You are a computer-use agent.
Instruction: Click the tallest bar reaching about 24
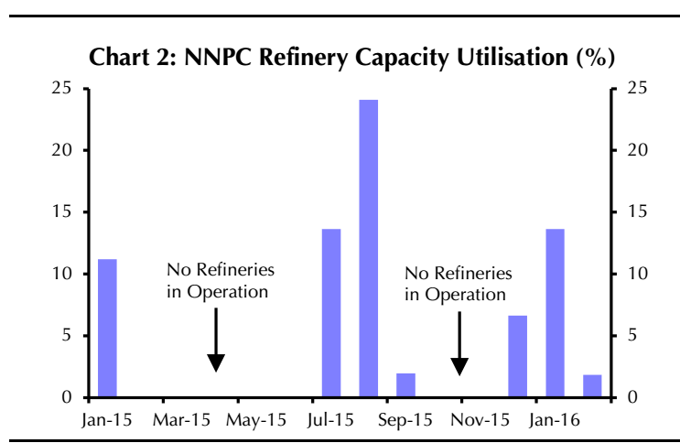click(x=368, y=248)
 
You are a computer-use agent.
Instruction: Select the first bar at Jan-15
click(x=107, y=328)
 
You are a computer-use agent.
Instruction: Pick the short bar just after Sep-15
click(x=405, y=385)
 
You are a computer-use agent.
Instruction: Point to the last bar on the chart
click(x=592, y=386)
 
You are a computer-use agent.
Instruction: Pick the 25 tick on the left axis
click(x=61, y=88)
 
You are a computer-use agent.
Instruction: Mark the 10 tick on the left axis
click(x=61, y=274)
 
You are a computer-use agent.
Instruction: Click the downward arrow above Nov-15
click(x=459, y=342)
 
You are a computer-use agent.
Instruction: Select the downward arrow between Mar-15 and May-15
click(x=215, y=339)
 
